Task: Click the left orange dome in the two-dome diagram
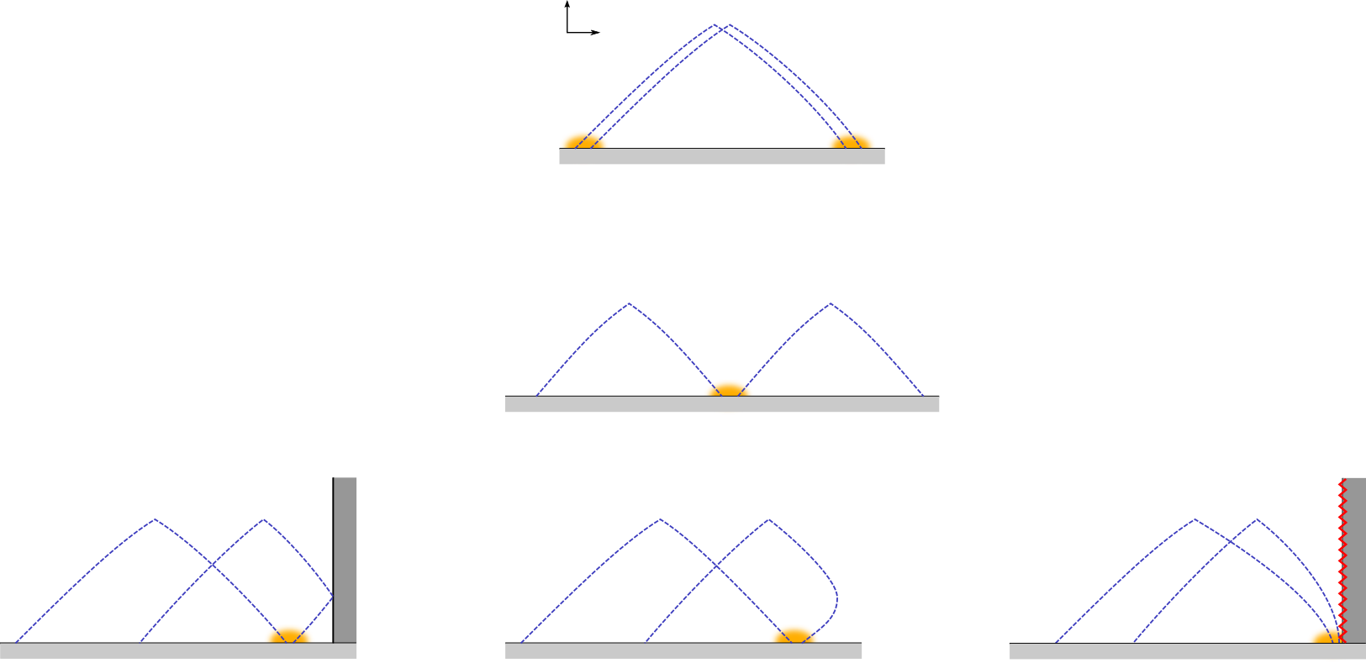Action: (583, 140)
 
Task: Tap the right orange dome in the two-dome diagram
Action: (851, 140)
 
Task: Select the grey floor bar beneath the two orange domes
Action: (721, 156)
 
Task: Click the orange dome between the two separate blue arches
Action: (728, 388)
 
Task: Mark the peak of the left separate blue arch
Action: (629, 304)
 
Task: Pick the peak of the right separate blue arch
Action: (831, 304)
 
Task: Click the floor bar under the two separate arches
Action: (721, 404)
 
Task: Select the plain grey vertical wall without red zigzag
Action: (345, 560)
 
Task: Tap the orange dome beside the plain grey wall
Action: (289, 634)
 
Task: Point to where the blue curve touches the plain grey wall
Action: (333, 597)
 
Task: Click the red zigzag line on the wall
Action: (1342, 560)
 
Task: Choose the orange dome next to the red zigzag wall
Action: (1325, 635)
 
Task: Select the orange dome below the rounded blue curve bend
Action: (794, 634)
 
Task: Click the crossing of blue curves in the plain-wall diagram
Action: (210, 567)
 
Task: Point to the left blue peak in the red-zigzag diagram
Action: (1195, 520)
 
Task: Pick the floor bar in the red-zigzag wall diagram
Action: (1177, 651)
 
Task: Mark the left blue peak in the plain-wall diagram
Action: (156, 520)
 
